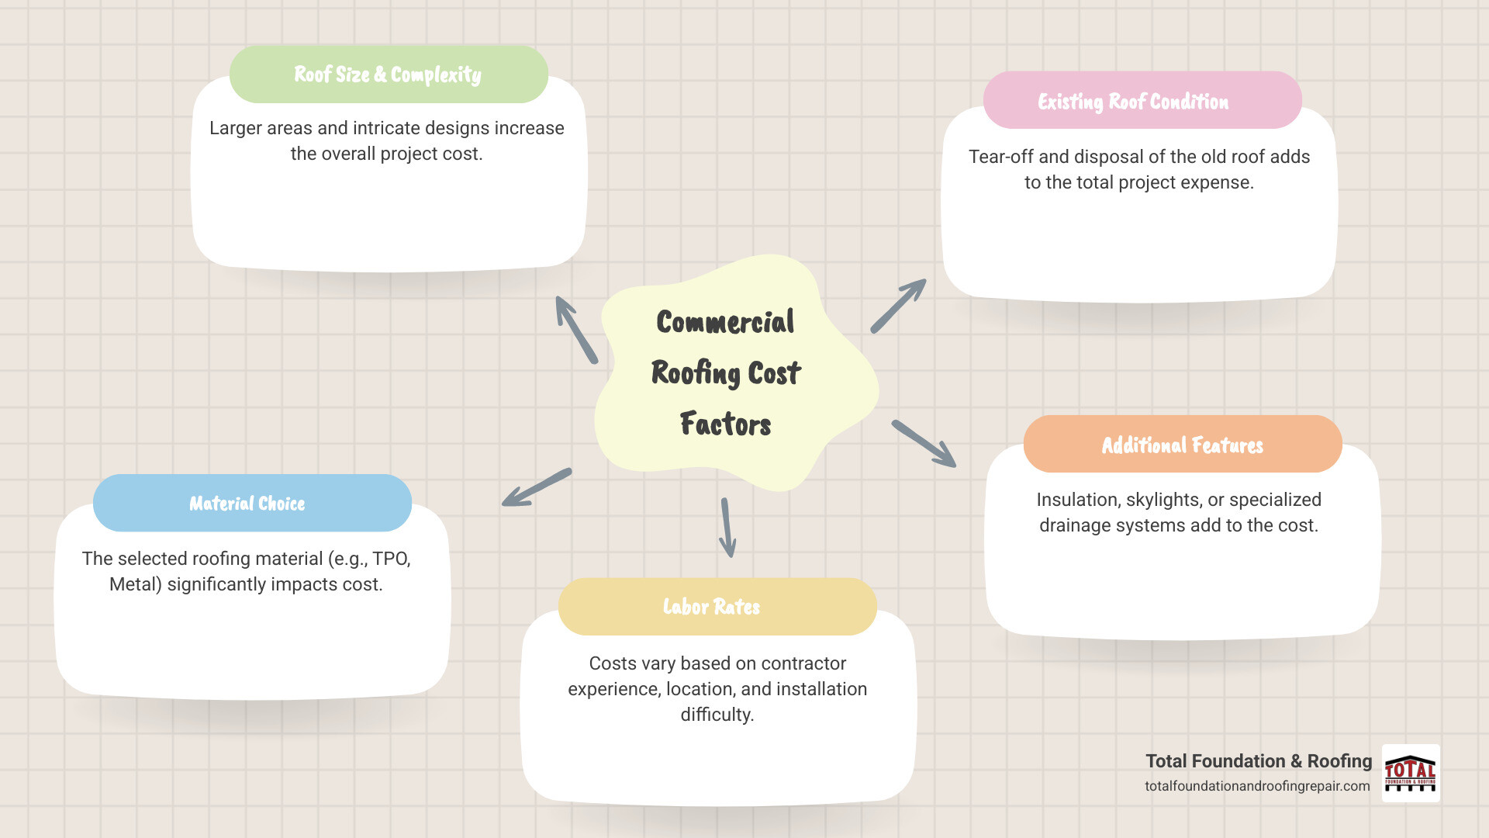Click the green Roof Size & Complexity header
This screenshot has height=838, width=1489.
(x=389, y=74)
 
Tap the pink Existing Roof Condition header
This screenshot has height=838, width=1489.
(x=1142, y=101)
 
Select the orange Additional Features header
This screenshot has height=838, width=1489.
(x=1182, y=445)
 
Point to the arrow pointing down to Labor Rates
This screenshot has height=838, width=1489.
(x=727, y=528)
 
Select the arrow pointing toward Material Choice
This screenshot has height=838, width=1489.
(x=536, y=488)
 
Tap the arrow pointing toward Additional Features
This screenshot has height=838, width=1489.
(x=924, y=444)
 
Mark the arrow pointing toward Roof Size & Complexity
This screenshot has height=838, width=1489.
(x=576, y=330)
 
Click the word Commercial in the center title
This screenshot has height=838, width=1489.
(x=725, y=322)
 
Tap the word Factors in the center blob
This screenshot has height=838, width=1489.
(x=725, y=424)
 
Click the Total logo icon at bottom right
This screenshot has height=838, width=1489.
(x=1411, y=773)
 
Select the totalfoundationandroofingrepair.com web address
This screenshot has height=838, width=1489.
(x=1257, y=786)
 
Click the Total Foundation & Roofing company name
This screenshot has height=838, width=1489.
(x=1258, y=761)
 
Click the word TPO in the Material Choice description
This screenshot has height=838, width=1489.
(x=390, y=559)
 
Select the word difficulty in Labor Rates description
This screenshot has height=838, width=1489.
(x=717, y=715)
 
